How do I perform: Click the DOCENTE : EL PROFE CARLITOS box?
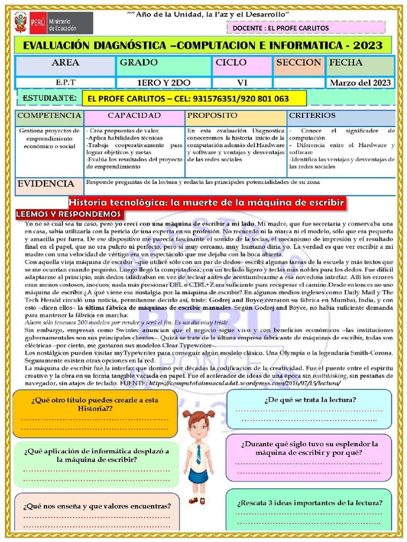[309, 28]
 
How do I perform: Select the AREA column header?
[65, 63]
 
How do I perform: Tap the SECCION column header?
[299, 63]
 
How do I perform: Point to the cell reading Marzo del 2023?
[360, 83]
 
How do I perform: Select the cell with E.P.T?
[65, 83]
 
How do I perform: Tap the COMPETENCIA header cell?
[49, 115]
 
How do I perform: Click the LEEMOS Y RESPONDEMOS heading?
[69, 214]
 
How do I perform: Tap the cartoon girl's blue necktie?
[199, 454]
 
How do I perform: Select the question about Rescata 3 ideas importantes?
[309, 503]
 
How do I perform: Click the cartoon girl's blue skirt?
[198, 475]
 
